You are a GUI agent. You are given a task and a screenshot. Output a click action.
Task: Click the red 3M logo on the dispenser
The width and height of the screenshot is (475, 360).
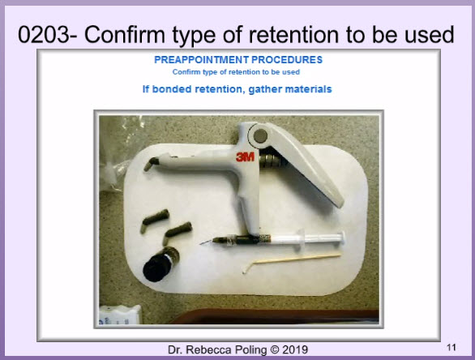coord(246,157)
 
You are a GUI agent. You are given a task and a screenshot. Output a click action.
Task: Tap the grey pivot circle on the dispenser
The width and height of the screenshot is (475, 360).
coord(260,135)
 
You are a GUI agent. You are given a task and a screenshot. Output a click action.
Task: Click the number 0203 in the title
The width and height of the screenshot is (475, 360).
coord(44,35)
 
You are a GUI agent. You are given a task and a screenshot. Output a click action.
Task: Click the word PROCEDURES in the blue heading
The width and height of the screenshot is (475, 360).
coord(287,60)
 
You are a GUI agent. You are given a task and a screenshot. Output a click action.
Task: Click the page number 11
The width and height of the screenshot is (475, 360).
coord(451,347)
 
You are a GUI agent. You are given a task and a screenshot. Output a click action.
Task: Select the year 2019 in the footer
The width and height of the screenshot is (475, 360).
coord(295,349)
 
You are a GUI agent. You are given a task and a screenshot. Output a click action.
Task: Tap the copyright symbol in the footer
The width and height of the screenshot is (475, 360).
coord(275,350)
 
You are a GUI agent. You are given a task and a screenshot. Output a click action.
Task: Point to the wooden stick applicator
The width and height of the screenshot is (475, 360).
coord(292,261)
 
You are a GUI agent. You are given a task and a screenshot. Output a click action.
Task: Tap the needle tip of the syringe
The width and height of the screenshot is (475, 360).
coord(201,243)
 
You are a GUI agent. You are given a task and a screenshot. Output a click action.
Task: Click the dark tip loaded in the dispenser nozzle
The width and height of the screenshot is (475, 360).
coord(152,164)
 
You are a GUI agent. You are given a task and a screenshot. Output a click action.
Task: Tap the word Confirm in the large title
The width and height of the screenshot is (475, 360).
coord(125,35)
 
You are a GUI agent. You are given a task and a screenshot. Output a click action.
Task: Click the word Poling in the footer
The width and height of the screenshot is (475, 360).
coord(251,350)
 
